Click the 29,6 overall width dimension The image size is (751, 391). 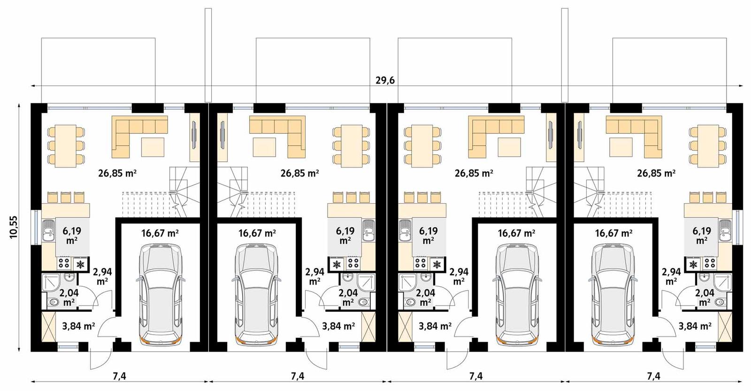[385, 80]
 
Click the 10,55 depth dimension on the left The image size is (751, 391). [13, 227]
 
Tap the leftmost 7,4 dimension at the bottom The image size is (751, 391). [119, 376]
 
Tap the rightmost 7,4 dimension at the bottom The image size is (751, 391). [653, 376]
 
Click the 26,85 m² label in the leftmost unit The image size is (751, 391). [117, 173]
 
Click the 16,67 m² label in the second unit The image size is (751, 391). [257, 233]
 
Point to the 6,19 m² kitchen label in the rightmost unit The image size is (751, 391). [702, 235]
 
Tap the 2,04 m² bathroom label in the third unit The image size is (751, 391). [426, 297]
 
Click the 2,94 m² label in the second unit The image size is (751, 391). [314, 276]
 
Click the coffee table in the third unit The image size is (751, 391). [510, 148]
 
